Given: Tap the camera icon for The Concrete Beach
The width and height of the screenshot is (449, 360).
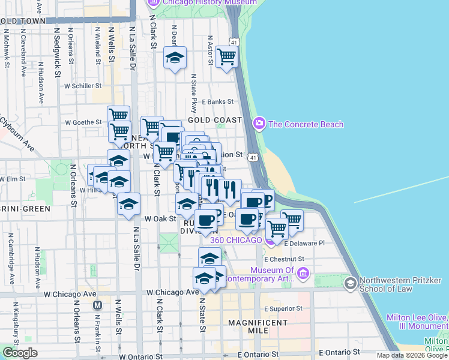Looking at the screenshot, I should pyautogui.click(x=259, y=124).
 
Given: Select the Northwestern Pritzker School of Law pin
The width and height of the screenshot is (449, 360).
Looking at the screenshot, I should pyautogui.click(x=350, y=282).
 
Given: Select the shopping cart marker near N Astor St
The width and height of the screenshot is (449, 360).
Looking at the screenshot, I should pyautogui.click(x=226, y=57).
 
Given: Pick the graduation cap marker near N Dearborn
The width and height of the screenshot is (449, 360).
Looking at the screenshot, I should pyautogui.click(x=175, y=58).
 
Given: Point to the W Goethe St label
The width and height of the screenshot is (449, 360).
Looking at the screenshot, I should pyautogui.click(x=83, y=122).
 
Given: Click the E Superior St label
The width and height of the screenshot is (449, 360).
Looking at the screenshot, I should pyautogui.click(x=283, y=308).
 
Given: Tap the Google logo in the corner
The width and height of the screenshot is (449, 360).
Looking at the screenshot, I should pyautogui.click(x=20, y=353).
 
